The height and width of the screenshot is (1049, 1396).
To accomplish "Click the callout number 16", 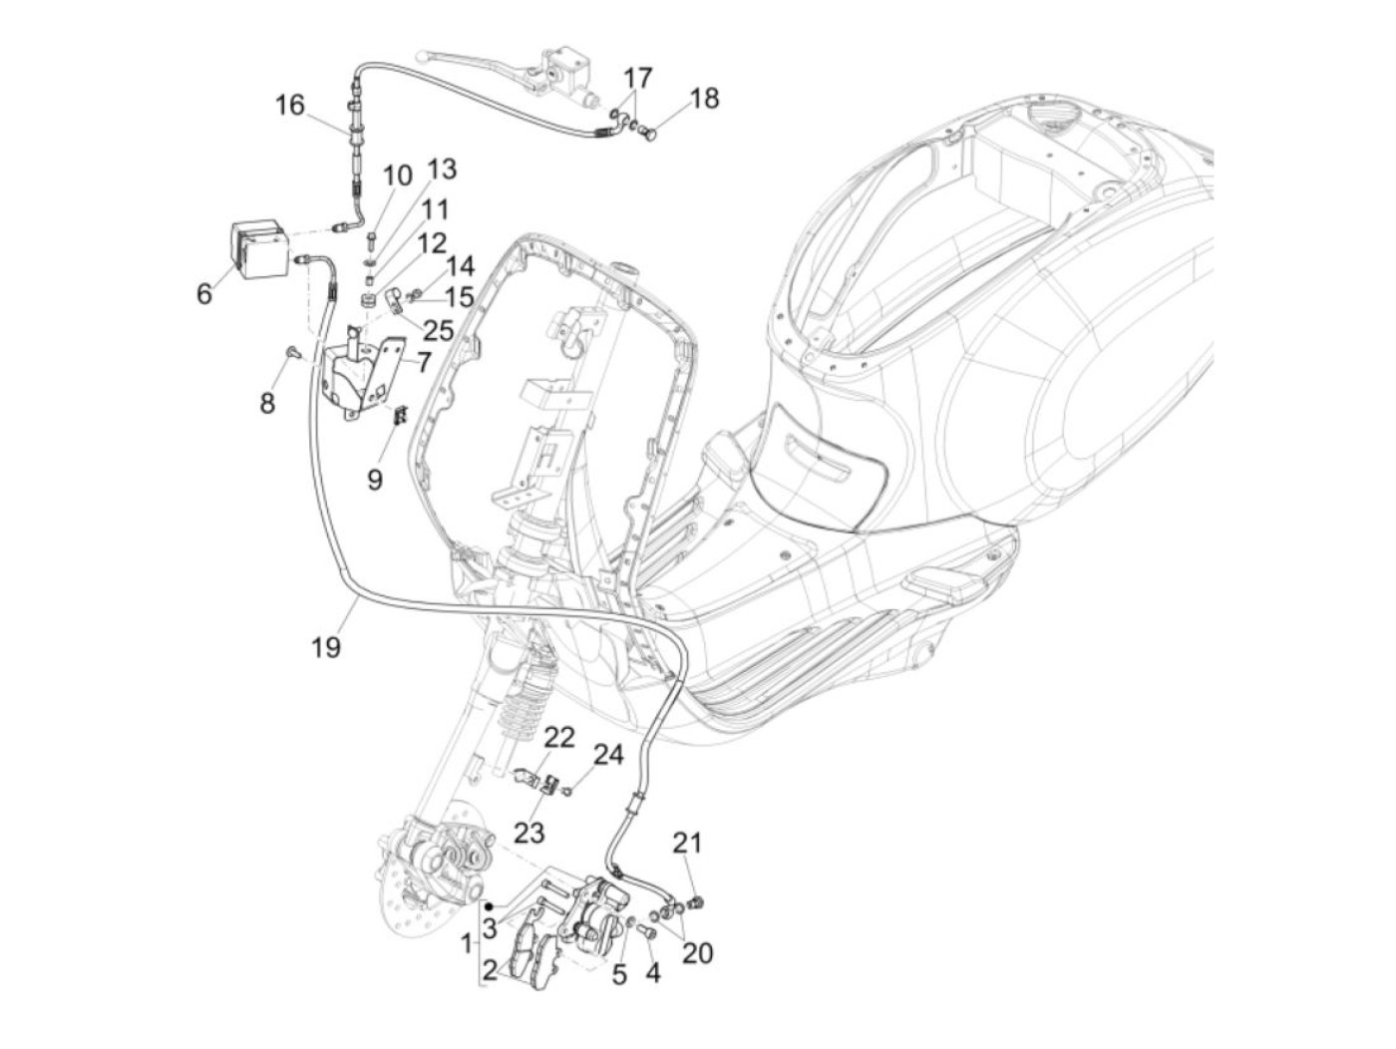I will pos(289,105).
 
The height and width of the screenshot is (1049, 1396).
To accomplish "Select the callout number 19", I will pos(325,647).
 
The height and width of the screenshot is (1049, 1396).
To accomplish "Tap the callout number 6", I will pos(204,294).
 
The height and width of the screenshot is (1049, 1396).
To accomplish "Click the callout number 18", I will pos(704,99).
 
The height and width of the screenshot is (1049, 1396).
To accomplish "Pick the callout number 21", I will pos(687,843).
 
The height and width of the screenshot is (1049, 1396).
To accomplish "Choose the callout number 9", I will pos(375,480).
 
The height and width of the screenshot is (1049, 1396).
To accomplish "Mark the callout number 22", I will pos(560,738).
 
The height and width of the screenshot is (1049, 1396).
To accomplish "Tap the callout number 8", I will pos(267,403).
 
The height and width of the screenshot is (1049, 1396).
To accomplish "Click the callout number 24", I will pos(608,755).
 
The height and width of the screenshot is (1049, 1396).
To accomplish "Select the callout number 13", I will pos(442,170).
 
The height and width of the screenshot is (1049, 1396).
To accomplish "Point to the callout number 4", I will pos(652,971).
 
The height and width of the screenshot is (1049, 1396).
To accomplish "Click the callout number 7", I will pos(423,362).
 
